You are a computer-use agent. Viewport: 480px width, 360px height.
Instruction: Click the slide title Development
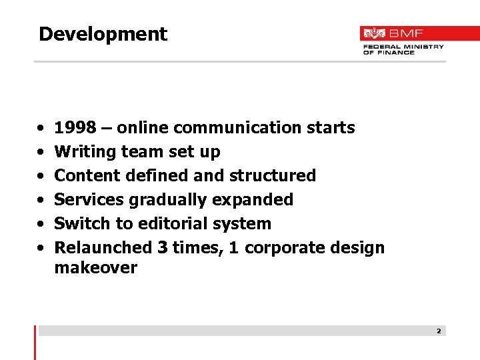103,34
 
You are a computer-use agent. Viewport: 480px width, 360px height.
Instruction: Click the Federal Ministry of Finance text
403,49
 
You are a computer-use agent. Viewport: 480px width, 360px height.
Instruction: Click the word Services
89,199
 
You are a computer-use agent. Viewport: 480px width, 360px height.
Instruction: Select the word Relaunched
103,247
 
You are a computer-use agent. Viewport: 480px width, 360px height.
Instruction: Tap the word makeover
95,268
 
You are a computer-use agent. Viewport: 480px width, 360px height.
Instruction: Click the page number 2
439,331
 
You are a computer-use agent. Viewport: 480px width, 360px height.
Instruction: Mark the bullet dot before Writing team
41,152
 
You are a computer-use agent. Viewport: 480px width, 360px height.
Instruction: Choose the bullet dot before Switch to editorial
41,224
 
